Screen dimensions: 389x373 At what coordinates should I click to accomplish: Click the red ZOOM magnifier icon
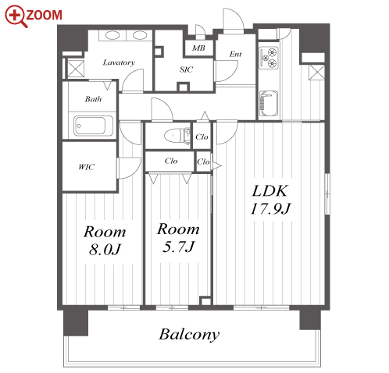(x=15, y=16)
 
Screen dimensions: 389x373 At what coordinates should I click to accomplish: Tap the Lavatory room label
(x=119, y=62)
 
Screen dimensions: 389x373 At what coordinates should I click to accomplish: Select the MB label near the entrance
(x=198, y=48)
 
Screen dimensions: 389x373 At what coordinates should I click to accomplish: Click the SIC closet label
(x=186, y=69)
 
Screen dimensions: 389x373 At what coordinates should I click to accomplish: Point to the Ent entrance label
(x=235, y=54)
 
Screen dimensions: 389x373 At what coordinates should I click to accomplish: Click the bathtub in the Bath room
(x=93, y=126)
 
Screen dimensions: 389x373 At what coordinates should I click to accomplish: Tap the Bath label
(x=93, y=99)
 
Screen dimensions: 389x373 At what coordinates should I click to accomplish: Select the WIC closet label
(x=87, y=167)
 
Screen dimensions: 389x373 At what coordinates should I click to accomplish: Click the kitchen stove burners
(x=269, y=58)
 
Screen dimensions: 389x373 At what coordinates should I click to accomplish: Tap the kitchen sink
(x=269, y=103)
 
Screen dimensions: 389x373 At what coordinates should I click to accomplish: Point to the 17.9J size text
(x=270, y=209)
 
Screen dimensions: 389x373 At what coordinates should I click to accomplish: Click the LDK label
(x=270, y=191)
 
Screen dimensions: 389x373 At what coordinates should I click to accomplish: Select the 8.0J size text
(x=105, y=250)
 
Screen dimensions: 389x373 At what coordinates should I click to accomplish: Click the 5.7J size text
(x=178, y=247)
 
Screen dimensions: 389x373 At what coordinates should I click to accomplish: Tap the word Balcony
(x=189, y=335)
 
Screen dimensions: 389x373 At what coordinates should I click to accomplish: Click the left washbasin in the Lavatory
(x=112, y=35)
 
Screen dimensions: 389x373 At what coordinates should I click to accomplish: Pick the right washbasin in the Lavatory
(x=140, y=35)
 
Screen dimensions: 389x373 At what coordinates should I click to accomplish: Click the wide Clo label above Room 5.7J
(x=171, y=162)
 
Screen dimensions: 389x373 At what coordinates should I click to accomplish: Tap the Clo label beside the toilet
(x=202, y=137)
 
